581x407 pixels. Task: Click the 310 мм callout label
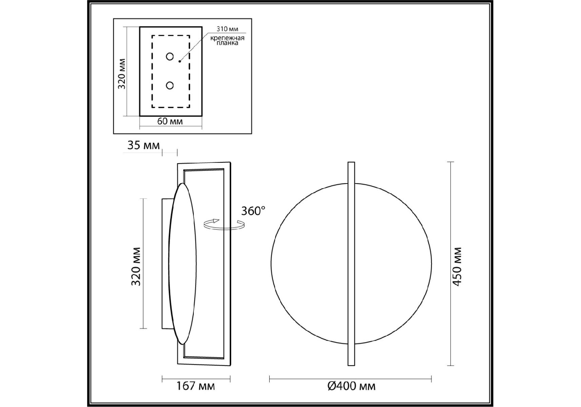click(x=227, y=29)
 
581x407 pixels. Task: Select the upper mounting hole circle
click(x=170, y=57)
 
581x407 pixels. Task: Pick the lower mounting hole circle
click(x=170, y=85)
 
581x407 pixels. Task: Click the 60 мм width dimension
click(x=170, y=121)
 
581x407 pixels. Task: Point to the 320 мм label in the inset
click(x=122, y=74)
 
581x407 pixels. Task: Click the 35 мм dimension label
click(x=143, y=145)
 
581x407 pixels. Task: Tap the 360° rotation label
click(x=253, y=211)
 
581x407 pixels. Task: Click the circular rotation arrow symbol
click(x=224, y=224)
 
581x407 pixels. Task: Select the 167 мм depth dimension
click(x=195, y=386)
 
